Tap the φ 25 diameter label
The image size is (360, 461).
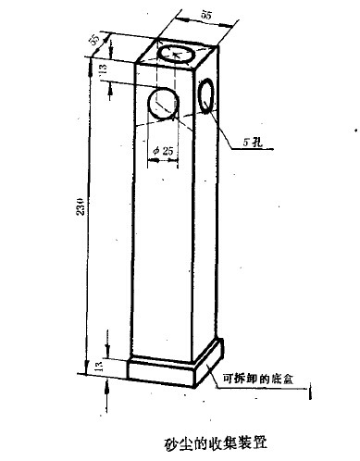pyautogui.click(x=163, y=146)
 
